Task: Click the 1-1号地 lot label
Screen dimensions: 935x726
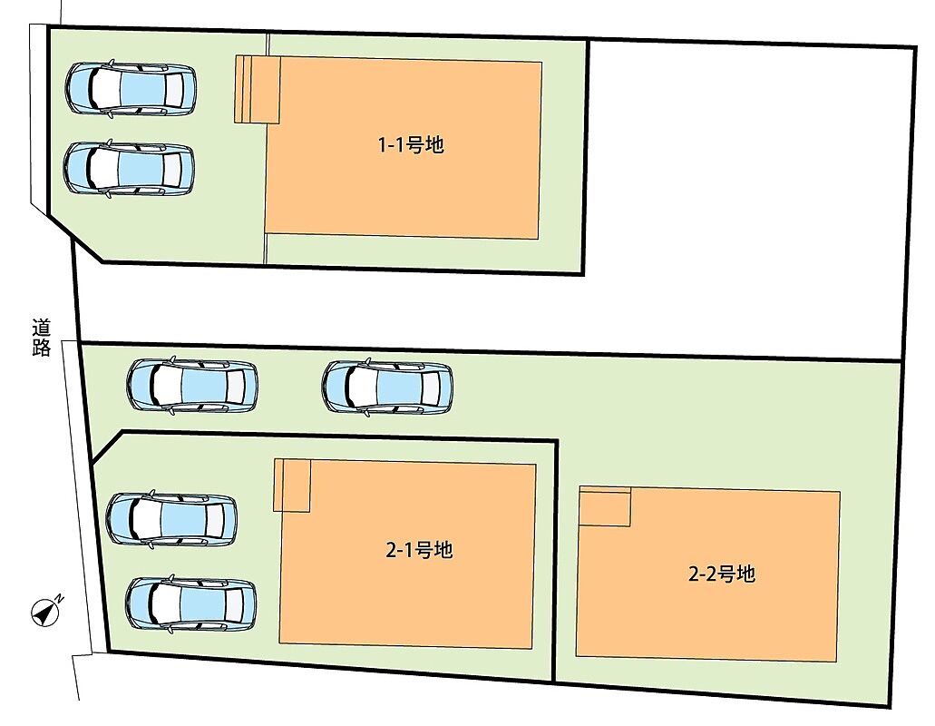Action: click(x=412, y=144)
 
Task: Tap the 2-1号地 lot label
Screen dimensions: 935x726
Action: click(x=419, y=549)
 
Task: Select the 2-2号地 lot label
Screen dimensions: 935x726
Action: click(x=722, y=574)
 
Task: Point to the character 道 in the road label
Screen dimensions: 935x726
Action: click(x=41, y=328)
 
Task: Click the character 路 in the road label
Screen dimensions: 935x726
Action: click(x=41, y=348)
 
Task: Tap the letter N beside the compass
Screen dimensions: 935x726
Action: click(x=59, y=598)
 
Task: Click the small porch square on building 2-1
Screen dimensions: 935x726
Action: click(x=292, y=485)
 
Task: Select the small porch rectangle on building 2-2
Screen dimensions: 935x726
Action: click(x=605, y=506)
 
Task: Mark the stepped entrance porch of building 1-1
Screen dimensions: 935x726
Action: click(x=257, y=90)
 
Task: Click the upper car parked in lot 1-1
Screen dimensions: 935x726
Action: click(x=131, y=89)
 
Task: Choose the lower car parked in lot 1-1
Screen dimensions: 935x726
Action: click(x=130, y=168)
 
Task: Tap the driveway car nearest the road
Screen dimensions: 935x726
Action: click(x=192, y=386)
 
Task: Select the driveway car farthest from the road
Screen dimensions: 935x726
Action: click(x=387, y=388)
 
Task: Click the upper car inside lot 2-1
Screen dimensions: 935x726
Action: click(x=171, y=518)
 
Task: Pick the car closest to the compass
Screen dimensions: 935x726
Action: click(x=190, y=603)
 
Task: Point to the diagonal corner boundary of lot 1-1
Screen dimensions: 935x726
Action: click(x=75, y=238)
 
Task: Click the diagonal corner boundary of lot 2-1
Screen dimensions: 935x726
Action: click(x=107, y=446)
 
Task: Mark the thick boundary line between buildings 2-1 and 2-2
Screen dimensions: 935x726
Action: click(x=555, y=561)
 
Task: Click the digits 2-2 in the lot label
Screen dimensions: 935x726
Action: click(x=702, y=574)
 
